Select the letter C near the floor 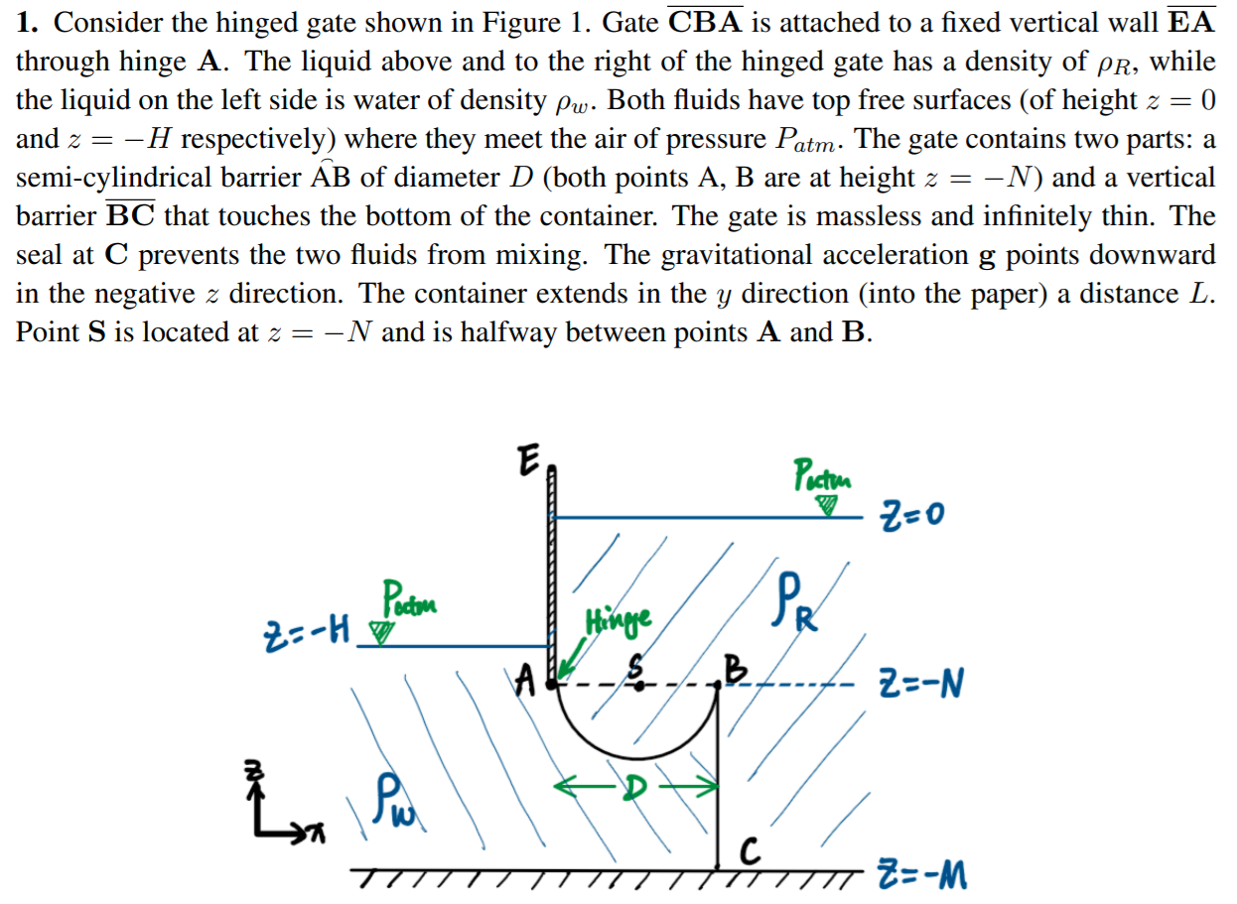(x=753, y=849)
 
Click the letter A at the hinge (x=529, y=682)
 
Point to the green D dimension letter (x=635, y=787)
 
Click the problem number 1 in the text (x=24, y=22)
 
